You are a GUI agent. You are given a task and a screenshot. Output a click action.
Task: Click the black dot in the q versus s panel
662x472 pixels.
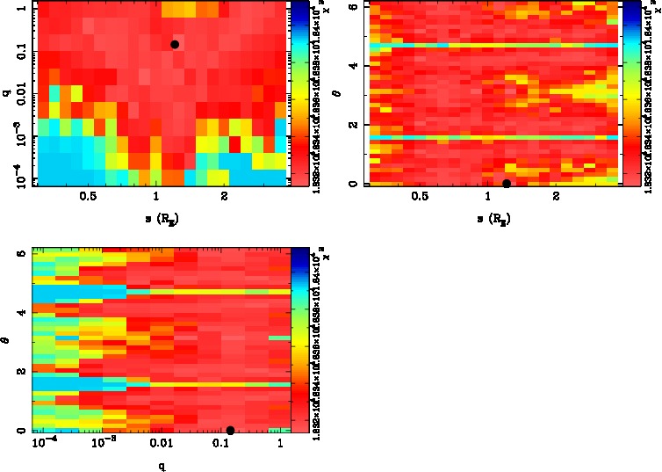[x=175, y=44]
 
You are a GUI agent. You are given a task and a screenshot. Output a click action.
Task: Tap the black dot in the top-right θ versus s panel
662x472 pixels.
[x=507, y=184]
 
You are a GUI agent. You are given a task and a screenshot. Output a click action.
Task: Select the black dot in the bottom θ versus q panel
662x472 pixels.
[x=230, y=430]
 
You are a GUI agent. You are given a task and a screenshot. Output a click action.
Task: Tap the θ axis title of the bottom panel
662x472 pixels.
[x=5, y=336]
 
